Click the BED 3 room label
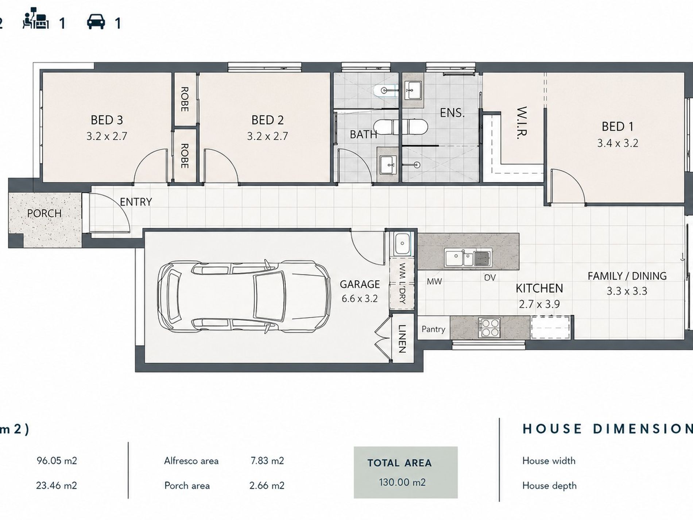click(107, 120)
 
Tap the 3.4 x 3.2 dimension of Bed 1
click(617, 143)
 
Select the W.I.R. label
click(522, 123)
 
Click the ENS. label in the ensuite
click(452, 113)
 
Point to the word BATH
click(363, 135)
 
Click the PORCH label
click(44, 213)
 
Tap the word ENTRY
click(136, 202)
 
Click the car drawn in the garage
click(244, 296)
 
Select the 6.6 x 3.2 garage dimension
click(360, 299)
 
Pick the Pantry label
click(433, 329)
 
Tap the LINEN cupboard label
click(402, 339)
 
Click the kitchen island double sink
click(468, 258)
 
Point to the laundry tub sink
click(402, 243)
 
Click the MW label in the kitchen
click(434, 281)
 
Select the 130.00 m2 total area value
click(402, 482)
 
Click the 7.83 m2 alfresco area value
click(267, 461)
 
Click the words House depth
click(549, 486)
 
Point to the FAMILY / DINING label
click(627, 276)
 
